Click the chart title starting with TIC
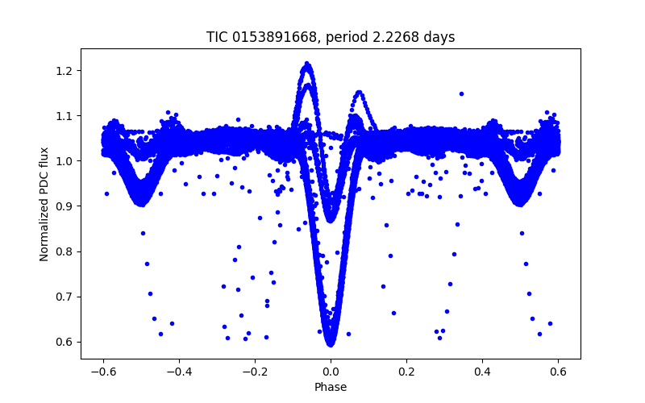(331, 37)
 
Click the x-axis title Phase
(331, 387)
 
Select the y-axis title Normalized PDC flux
(45, 203)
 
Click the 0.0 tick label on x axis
(331, 372)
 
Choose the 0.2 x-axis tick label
(406, 372)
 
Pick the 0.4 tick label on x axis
(482, 372)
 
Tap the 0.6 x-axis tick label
(558, 372)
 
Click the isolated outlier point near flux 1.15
(461, 93)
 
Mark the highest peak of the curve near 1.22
(307, 63)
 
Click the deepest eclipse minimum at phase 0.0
(331, 343)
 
